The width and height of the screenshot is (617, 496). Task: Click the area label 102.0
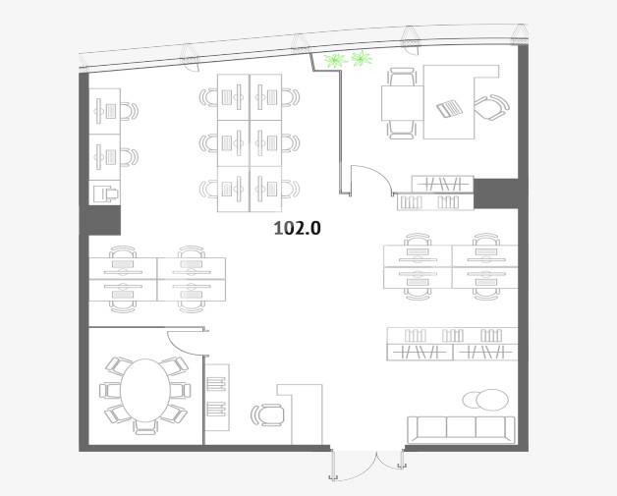click(x=297, y=228)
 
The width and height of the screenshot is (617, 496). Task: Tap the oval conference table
click(x=145, y=390)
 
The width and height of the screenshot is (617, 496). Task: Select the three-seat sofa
click(x=461, y=430)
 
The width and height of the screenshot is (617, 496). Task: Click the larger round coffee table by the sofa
click(x=492, y=400)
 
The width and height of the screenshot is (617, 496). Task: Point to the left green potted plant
click(x=334, y=60)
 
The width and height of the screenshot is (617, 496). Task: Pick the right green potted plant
click(x=362, y=59)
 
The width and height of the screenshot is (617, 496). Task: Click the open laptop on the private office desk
click(x=450, y=108)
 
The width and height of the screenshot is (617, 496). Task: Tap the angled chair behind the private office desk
click(x=491, y=107)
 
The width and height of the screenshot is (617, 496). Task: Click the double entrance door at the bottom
click(x=367, y=465)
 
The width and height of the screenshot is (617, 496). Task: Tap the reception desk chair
click(x=267, y=415)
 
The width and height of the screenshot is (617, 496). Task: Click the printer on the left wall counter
click(x=105, y=193)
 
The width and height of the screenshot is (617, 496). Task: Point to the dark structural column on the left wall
click(x=100, y=220)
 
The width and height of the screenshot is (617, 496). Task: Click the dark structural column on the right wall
click(x=496, y=193)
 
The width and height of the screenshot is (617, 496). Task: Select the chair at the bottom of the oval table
click(x=145, y=427)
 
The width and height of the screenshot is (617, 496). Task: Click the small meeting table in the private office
click(x=403, y=103)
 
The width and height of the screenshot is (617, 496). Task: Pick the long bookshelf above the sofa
click(x=452, y=344)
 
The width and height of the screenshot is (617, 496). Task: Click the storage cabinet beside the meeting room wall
click(x=217, y=397)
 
